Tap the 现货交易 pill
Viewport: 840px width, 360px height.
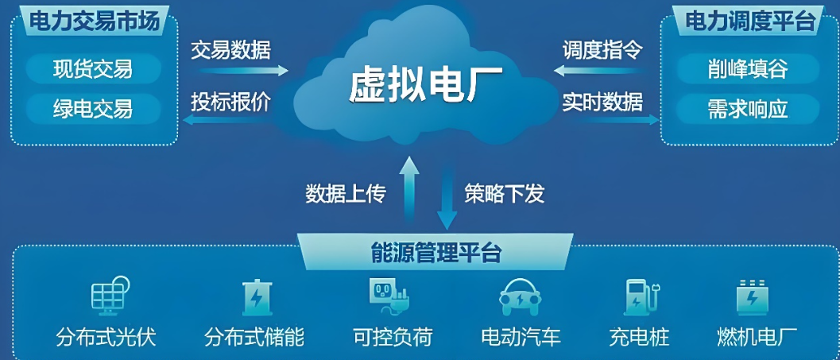tap(93, 69)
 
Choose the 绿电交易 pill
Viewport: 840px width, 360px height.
tap(93, 106)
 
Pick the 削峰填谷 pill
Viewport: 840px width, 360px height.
tap(747, 69)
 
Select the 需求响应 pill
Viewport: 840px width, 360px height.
tap(747, 108)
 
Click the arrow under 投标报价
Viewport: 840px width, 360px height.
tap(230, 119)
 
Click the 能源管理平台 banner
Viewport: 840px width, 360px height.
tap(435, 253)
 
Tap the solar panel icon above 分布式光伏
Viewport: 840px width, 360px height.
tap(109, 296)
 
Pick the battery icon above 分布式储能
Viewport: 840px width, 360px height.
tap(256, 299)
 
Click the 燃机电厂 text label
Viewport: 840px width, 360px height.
tap(757, 337)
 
